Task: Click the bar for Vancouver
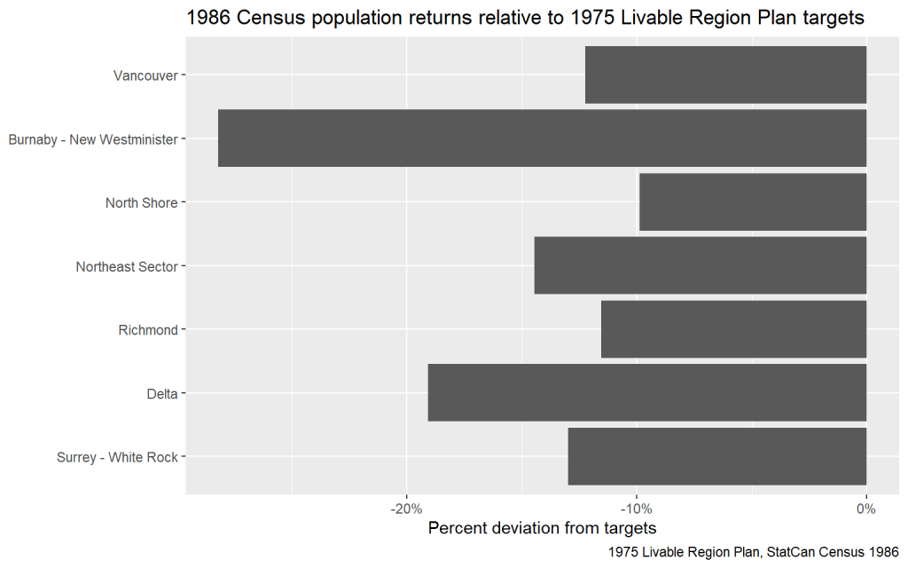[x=725, y=75]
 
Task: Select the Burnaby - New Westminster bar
[x=542, y=138]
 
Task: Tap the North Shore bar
[x=752, y=202]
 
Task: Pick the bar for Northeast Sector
[x=700, y=266]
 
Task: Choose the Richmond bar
[x=733, y=329]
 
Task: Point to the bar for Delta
[x=646, y=393]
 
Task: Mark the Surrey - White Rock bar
[x=716, y=457]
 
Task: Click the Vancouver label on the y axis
[x=145, y=75]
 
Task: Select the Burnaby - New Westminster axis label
[x=93, y=139]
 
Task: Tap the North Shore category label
[x=141, y=203]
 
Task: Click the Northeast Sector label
[x=127, y=266]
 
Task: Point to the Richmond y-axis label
[x=148, y=330]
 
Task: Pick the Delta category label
[x=162, y=394]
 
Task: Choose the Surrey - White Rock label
[x=117, y=458]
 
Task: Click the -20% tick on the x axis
[x=405, y=509]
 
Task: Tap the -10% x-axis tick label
[x=635, y=509]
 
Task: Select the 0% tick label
[x=865, y=509]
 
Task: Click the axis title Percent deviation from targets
[x=542, y=529]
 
